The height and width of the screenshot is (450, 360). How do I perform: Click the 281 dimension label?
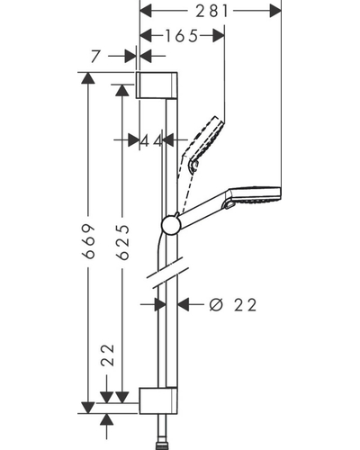coord(212,12)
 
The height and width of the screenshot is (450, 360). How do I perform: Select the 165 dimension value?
coord(182,36)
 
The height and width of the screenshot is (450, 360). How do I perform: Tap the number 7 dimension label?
coord(95,56)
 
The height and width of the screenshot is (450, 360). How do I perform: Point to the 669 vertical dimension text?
coord(89,241)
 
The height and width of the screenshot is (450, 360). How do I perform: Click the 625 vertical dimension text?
coord(122,242)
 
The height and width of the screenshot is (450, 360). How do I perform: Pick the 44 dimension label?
coord(151,140)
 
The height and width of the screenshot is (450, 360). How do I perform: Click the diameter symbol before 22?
coord(216,305)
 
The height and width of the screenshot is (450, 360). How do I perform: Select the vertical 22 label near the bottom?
coord(108,355)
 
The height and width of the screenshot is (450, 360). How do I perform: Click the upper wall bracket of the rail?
coord(157,85)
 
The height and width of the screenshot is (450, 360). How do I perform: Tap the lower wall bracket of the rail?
coord(158,400)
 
